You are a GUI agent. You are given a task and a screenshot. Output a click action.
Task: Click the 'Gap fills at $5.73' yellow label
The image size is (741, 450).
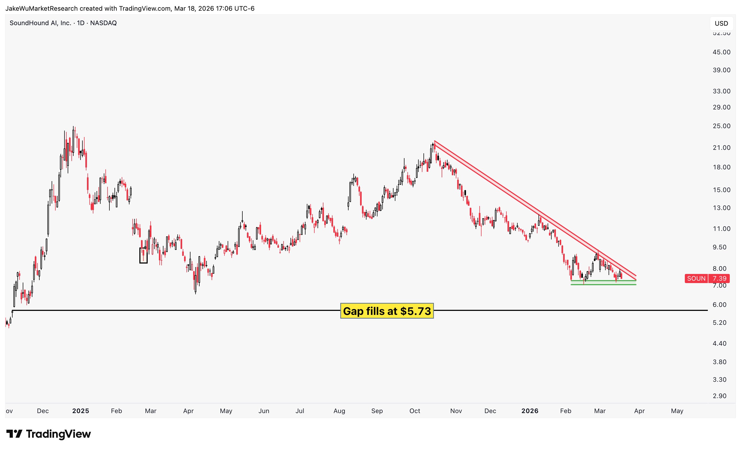click(387, 311)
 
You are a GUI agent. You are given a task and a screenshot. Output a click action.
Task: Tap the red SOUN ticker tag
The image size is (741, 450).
click(696, 279)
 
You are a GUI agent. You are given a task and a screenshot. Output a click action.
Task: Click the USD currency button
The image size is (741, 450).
click(721, 24)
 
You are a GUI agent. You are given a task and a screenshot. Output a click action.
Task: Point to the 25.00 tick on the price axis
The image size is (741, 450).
click(721, 126)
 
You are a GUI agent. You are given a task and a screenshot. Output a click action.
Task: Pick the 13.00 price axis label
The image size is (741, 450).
click(721, 208)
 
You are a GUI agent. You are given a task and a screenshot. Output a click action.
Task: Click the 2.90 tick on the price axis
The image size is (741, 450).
click(719, 396)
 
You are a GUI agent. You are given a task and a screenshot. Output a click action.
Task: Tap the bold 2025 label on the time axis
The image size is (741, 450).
click(81, 411)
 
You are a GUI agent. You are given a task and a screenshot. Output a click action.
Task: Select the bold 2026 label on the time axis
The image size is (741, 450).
click(530, 411)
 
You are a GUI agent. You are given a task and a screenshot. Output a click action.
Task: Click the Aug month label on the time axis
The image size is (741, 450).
click(339, 411)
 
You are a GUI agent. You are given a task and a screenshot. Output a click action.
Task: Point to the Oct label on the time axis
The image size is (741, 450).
click(415, 411)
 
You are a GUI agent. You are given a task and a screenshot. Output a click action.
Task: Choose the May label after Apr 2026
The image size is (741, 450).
click(677, 411)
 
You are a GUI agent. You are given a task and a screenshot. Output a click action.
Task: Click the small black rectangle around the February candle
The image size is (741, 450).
click(143, 255)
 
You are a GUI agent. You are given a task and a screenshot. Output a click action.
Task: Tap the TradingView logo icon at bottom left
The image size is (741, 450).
click(14, 434)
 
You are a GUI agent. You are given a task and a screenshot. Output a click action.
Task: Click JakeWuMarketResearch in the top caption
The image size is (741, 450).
click(41, 8)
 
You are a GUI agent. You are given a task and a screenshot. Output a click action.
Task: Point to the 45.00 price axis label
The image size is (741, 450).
click(721, 52)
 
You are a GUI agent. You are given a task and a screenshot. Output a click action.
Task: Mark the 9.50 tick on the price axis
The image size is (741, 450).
click(719, 247)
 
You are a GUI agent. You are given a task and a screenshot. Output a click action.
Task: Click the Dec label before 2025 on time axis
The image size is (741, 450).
click(43, 411)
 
